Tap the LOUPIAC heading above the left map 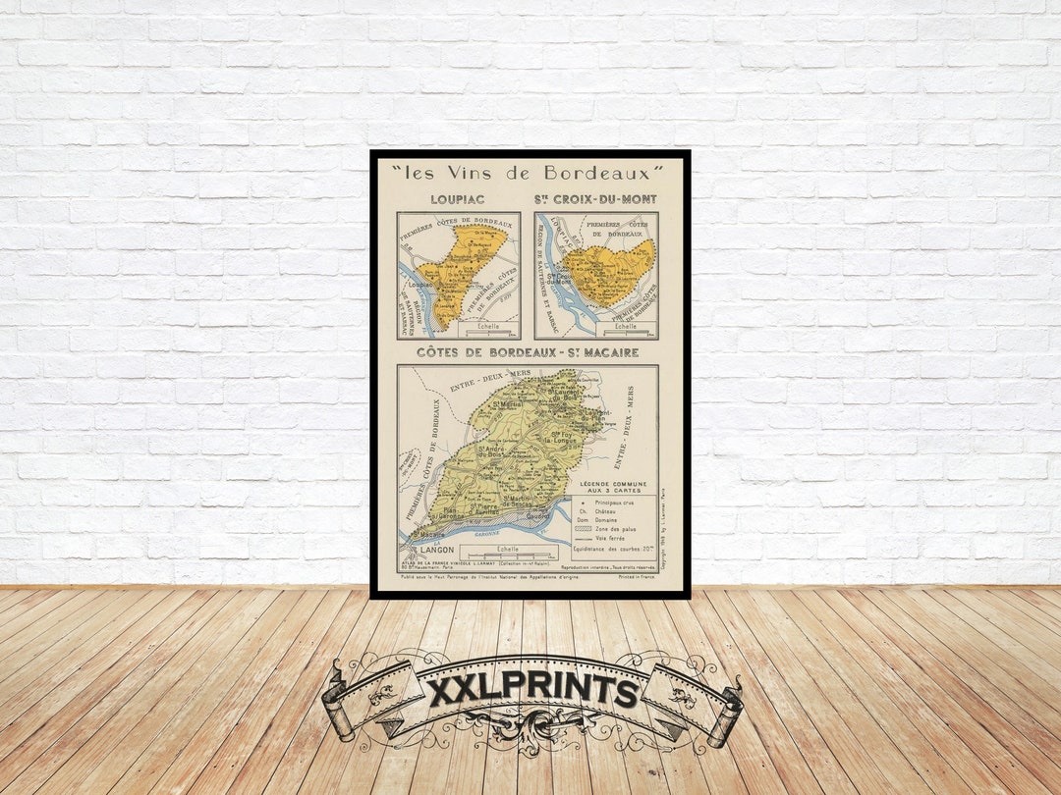pos(457,199)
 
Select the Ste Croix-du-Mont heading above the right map pos(595,199)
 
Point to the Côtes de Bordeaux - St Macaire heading pos(528,352)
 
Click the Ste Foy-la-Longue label pos(563,439)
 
